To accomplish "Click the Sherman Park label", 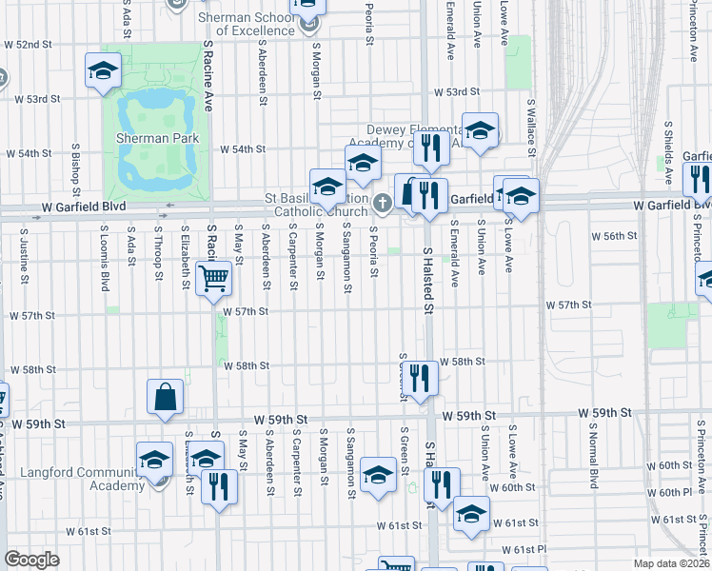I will [x=157, y=138].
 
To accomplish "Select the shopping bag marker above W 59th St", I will [x=166, y=398].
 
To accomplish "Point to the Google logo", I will [x=31, y=560].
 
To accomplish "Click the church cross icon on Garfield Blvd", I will [x=382, y=202].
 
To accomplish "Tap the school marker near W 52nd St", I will [x=103, y=71].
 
